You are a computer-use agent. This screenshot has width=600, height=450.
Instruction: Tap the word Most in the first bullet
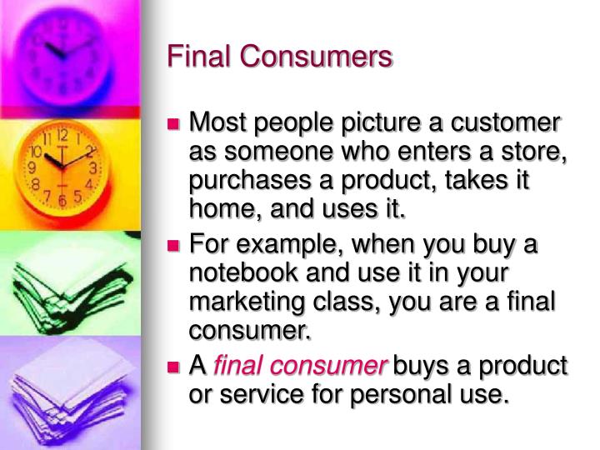pos(218,123)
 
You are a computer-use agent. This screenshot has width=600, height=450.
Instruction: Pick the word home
pos(218,210)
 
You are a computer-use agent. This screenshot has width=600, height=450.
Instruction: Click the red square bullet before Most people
pos(174,125)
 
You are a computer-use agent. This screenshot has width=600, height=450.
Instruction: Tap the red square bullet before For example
pos(174,247)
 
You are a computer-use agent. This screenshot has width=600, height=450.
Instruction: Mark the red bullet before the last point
pos(174,366)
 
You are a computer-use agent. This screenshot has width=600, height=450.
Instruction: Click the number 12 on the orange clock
pos(62,135)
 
